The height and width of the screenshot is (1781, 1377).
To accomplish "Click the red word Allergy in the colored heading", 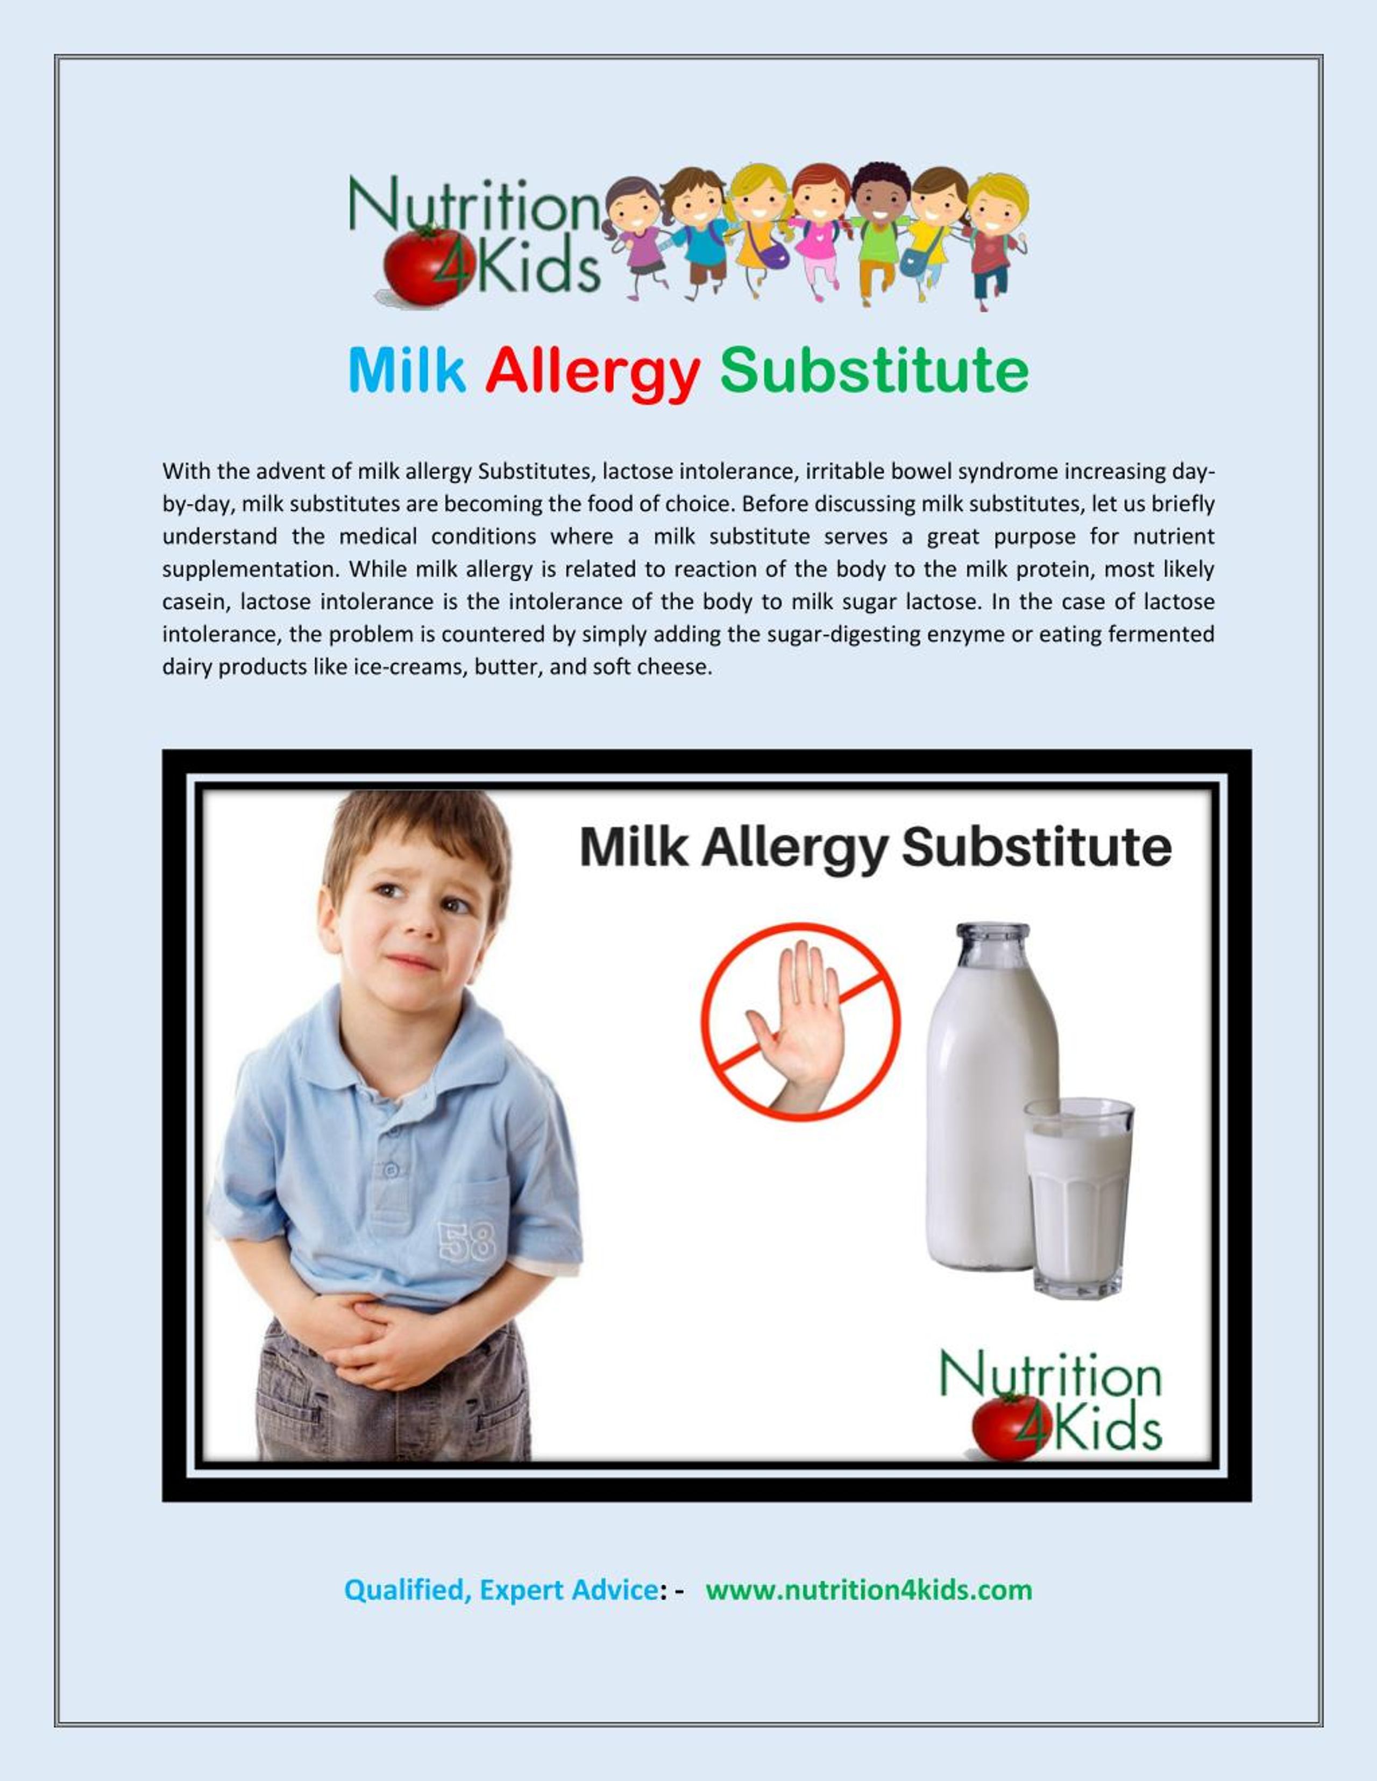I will pos(592,371).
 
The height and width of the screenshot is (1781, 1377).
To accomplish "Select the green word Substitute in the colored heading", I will pos(874,371).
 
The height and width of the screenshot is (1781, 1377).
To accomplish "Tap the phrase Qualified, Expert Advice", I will pos(501,1590).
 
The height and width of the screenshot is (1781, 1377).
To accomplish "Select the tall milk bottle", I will pos(991,1093).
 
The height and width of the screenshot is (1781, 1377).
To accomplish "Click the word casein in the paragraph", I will pos(189,602).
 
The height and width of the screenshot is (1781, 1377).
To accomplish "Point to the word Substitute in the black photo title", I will pos(1036,848).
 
